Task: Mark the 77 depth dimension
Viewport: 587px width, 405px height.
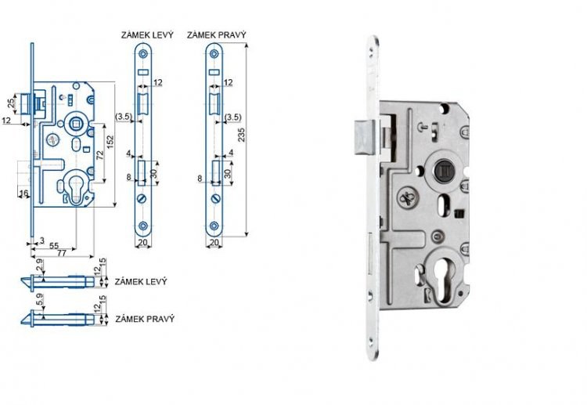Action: tap(61, 255)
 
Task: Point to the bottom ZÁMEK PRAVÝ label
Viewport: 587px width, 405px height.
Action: tap(144, 319)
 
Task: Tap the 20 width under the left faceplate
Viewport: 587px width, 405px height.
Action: tap(143, 243)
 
